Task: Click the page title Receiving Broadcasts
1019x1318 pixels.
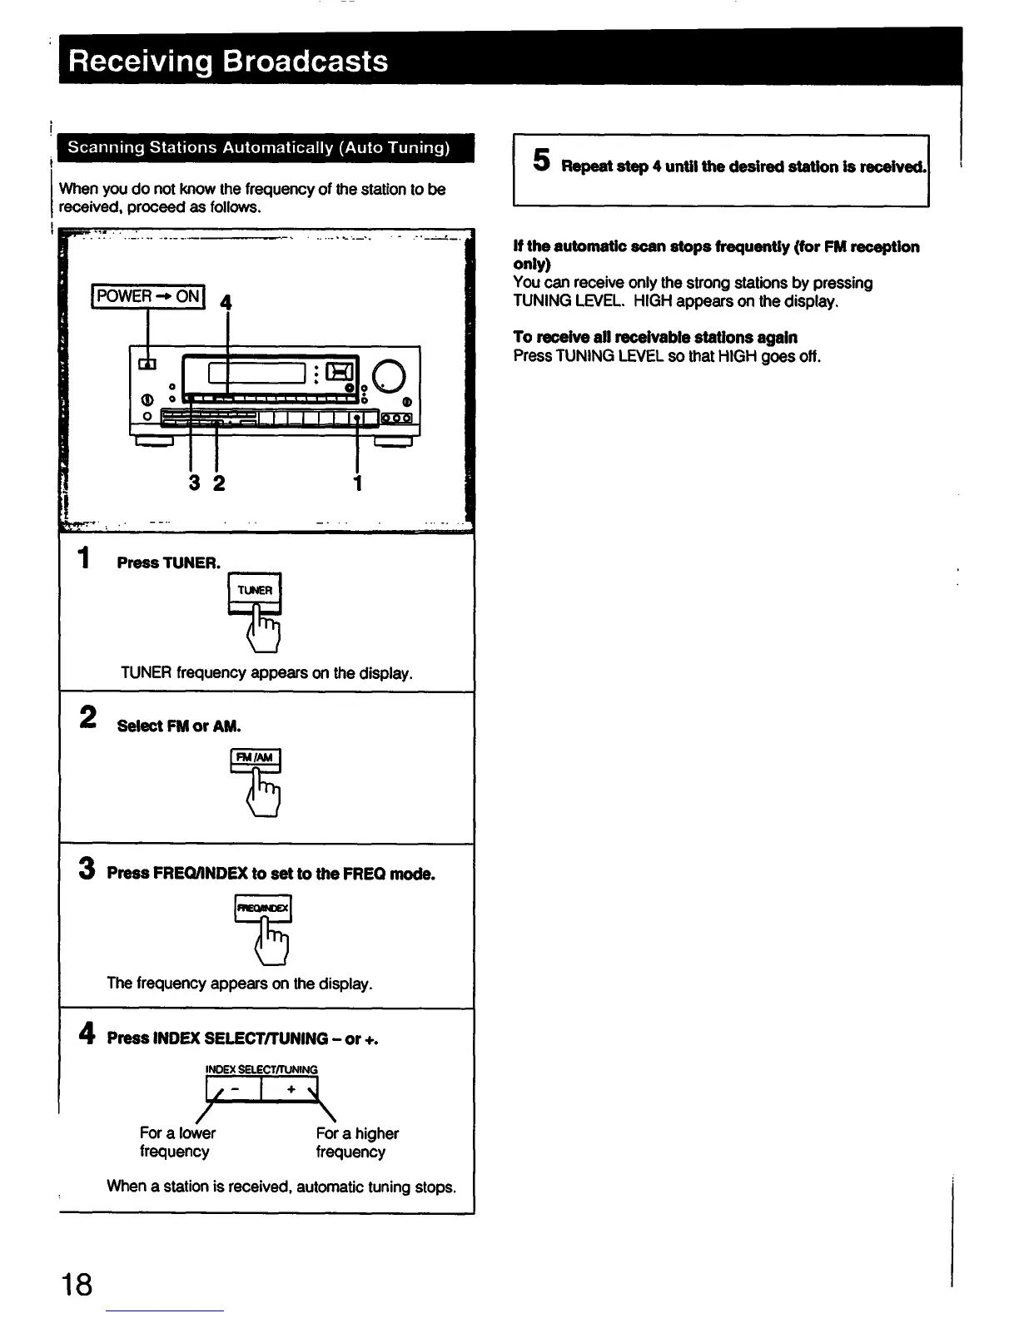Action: [228, 62]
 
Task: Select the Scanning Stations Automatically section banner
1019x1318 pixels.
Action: [258, 148]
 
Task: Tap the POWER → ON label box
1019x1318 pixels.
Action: [148, 296]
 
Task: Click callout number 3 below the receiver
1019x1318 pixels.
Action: [194, 483]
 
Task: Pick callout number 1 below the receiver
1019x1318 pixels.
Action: [357, 483]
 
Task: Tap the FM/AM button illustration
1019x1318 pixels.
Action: [256, 759]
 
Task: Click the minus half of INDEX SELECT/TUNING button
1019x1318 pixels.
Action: [234, 1089]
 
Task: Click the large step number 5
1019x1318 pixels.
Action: [542, 160]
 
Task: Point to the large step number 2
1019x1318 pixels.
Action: [87, 717]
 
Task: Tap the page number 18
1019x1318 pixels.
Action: [77, 1284]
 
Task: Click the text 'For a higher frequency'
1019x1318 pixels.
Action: [357, 1142]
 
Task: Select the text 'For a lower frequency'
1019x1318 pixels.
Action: [177, 1142]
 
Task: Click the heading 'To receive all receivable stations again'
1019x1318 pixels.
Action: [655, 337]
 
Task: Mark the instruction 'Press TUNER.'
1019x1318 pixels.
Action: [169, 562]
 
